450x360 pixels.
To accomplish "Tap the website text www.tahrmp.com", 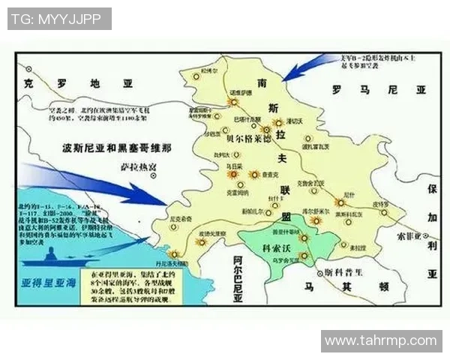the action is [380, 341].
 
